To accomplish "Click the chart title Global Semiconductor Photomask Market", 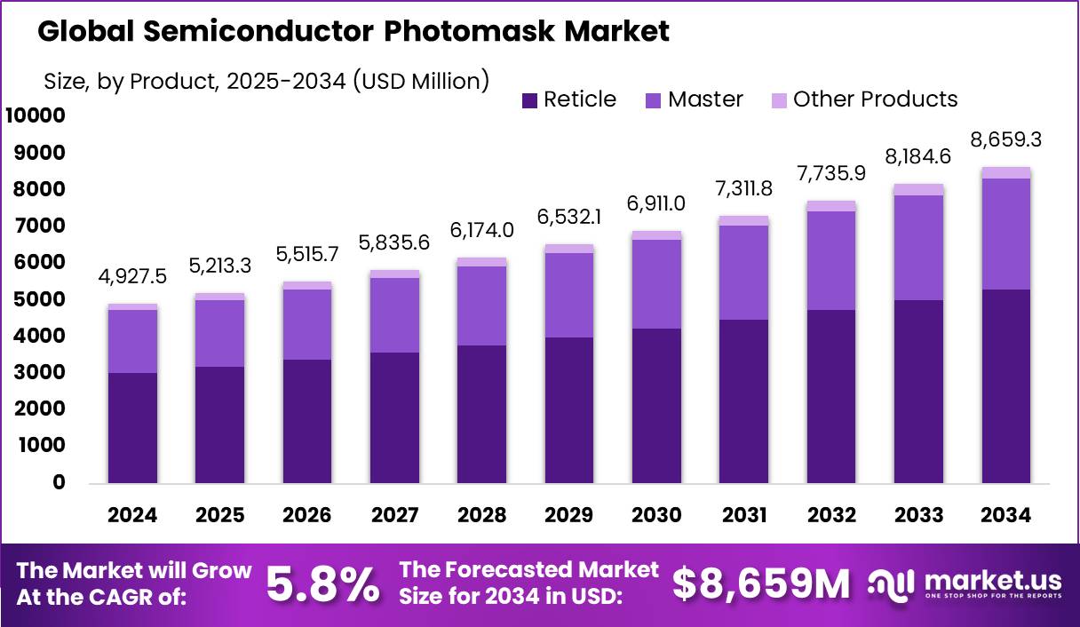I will pos(353,32).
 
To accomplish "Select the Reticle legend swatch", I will pos(529,99).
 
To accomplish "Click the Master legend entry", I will pos(693,99).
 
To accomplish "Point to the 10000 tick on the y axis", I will pos(36,115).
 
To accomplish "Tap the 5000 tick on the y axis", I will pos(40,299).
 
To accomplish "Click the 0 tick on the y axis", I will pos(59,483).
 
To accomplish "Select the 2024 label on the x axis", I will pos(133,516).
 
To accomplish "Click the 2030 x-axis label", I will pos(656,516).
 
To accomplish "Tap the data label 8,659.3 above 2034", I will pos(1006,139).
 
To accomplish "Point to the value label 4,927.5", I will pos(133,276).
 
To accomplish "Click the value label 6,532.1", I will pos(569,217).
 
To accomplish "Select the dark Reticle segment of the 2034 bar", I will pos(1006,386).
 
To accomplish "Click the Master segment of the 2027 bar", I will pos(395,315).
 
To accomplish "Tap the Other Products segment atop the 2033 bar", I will pos(919,189).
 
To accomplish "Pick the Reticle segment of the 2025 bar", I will pos(220,425).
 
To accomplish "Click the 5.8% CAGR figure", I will pos(322,584).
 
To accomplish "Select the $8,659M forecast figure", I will pos(760,584).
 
